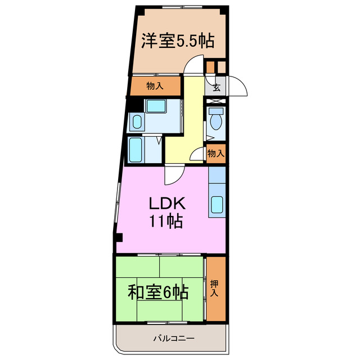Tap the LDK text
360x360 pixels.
166,203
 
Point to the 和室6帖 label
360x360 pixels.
158,292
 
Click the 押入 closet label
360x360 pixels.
215,289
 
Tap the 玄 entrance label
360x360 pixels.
216,87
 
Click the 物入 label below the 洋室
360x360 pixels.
155,86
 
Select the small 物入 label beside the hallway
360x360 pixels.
216,153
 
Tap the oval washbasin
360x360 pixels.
137,120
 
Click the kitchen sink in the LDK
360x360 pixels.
217,205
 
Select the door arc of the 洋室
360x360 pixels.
195,69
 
